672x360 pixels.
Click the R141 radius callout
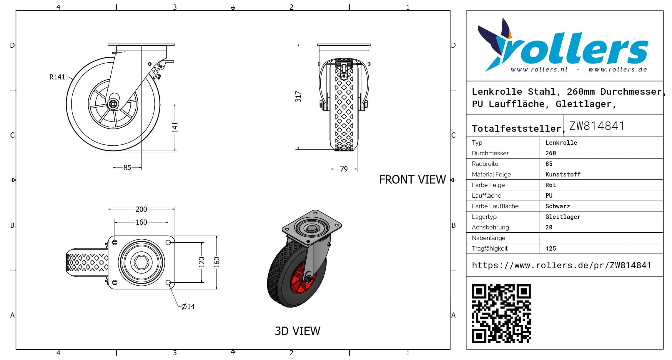point(57,77)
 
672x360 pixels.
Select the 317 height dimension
point(298,97)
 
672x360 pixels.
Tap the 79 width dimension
point(344,169)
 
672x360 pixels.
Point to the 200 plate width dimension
point(141,209)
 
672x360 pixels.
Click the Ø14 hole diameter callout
point(188,307)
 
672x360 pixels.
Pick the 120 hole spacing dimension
point(202,262)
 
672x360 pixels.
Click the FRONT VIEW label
point(412,180)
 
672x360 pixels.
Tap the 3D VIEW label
point(297,331)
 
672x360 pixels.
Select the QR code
point(501,313)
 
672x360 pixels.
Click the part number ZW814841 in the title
point(597,126)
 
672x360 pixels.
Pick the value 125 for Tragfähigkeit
point(550,249)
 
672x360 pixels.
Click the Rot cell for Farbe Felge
point(550,185)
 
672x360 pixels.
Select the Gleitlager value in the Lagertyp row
point(563,217)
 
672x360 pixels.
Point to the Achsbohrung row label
point(490,227)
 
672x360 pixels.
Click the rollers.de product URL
point(561,265)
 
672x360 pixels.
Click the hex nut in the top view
point(141,262)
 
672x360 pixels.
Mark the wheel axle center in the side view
point(113,104)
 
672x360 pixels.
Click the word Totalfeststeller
point(517,129)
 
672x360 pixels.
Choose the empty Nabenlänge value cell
point(601,238)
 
